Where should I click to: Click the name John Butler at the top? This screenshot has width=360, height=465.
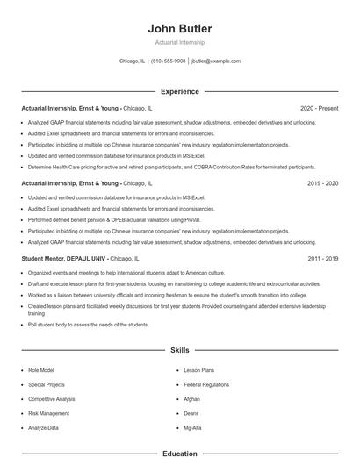click(x=180, y=29)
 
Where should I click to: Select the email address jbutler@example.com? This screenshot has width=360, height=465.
click(x=216, y=61)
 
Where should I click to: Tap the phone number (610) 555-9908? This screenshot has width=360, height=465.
click(x=168, y=61)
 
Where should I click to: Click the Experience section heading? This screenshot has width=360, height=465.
click(x=180, y=91)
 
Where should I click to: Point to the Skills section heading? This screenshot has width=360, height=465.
click(x=180, y=349)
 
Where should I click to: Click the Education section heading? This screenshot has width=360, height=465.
click(x=180, y=454)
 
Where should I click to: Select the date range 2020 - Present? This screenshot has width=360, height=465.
click(x=320, y=109)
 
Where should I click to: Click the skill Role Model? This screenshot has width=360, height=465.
click(x=42, y=370)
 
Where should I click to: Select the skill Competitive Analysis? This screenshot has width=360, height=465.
click(x=52, y=398)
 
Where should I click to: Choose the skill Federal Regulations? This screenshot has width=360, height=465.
click(x=206, y=384)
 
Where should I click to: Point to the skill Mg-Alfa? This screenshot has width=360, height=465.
click(x=193, y=427)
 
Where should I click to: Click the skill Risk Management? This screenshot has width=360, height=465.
click(x=48, y=413)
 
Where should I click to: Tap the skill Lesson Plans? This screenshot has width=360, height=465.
click(x=198, y=370)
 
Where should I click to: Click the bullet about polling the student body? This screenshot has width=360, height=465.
click(x=88, y=325)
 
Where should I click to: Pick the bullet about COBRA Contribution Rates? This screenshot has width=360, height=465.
click(x=171, y=167)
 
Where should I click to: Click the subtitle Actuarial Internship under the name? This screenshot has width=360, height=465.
click(x=180, y=42)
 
